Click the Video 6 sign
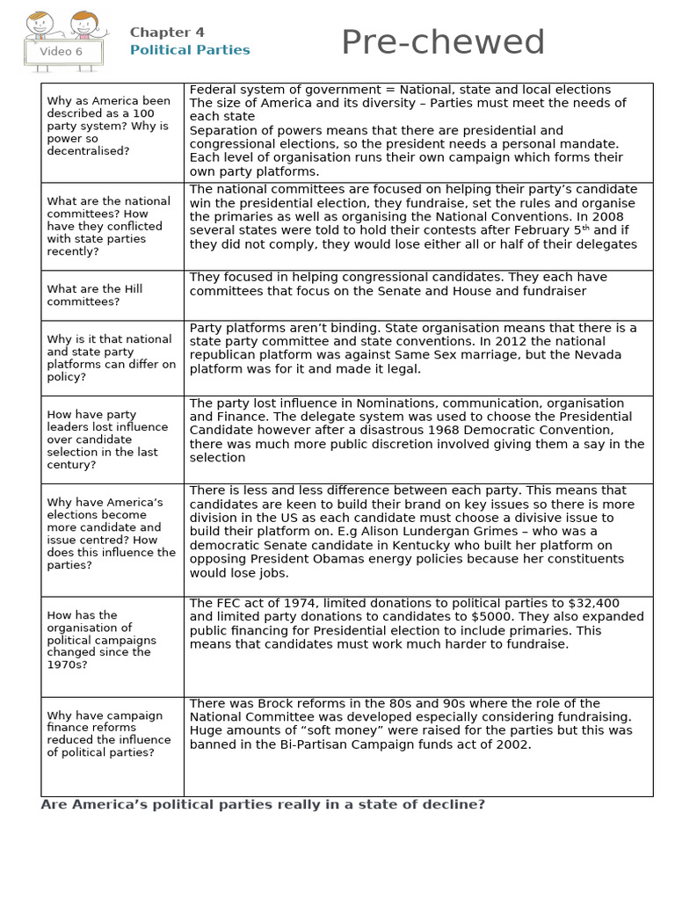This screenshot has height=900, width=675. point(62,52)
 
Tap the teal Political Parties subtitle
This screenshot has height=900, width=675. point(190,50)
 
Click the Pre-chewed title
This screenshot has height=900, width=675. point(442,43)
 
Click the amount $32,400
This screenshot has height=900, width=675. point(594,604)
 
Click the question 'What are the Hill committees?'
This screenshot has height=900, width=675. point(94,295)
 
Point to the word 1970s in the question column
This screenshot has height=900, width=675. point(64,665)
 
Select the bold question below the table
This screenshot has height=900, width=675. point(263,805)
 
